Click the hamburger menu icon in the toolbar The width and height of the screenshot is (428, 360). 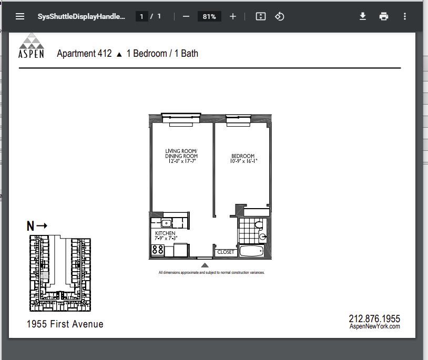[20, 16]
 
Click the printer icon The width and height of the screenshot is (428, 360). [383, 16]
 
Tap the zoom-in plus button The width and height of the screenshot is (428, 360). [233, 17]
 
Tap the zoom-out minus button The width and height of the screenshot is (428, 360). [186, 17]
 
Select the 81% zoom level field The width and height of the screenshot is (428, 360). [209, 17]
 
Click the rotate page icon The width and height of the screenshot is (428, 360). [279, 16]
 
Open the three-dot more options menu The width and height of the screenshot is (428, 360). [405, 16]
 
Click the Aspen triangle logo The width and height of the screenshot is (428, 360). [32, 40]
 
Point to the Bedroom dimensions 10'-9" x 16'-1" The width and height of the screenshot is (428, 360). [243, 161]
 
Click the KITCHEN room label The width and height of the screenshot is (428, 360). [165, 233]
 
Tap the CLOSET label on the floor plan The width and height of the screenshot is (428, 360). [226, 252]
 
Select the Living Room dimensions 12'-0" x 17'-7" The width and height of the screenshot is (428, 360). [182, 161]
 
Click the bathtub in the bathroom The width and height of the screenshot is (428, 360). [252, 251]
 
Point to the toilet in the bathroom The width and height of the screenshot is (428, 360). [259, 225]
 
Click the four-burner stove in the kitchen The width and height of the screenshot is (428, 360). [158, 250]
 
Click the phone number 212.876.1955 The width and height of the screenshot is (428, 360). [374, 318]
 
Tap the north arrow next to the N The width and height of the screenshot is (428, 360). [42, 225]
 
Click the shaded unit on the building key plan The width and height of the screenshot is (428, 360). [45, 275]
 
